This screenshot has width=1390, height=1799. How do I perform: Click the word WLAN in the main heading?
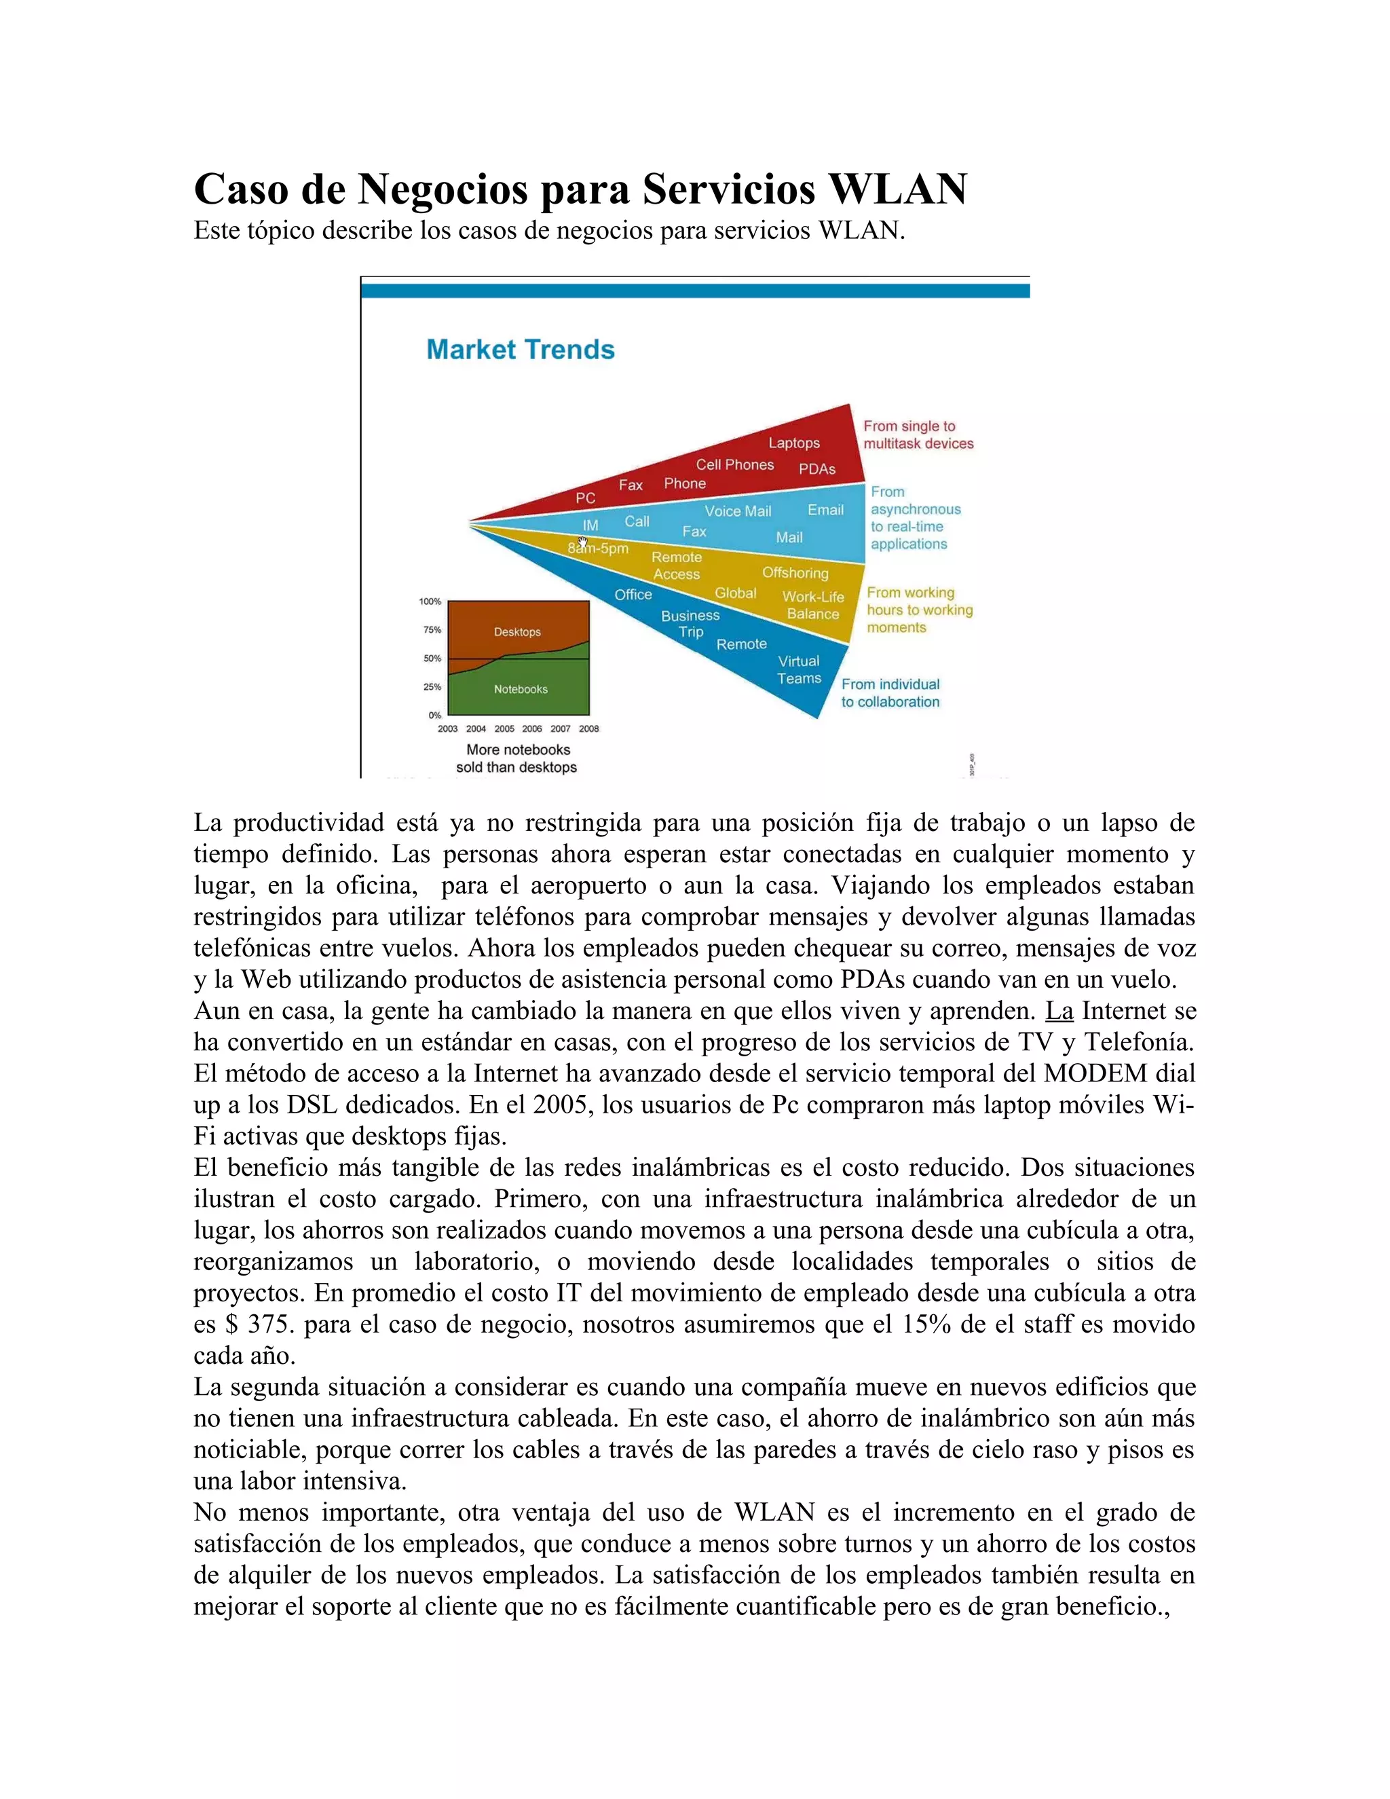[x=897, y=189]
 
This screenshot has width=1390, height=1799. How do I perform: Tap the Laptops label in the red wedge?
[x=794, y=443]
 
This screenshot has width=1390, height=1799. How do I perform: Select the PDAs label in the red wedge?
[x=817, y=468]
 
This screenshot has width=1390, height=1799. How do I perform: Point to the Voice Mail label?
[x=738, y=511]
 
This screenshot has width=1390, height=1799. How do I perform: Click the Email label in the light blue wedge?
[x=825, y=510]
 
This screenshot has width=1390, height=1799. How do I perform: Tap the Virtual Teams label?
[x=799, y=669]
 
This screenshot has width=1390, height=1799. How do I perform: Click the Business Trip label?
[x=690, y=624]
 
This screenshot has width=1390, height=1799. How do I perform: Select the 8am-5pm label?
[x=598, y=549]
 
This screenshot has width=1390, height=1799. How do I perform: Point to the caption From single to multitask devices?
[x=918, y=435]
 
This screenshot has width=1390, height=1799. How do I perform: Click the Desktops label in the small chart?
[x=517, y=632]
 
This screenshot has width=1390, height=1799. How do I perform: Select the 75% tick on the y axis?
[x=432, y=630]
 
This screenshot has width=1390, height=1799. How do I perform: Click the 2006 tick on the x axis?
[x=532, y=729]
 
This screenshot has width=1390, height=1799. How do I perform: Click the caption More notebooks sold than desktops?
[x=517, y=759]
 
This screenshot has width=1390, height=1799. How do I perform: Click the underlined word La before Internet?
[x=1059, y=1011]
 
